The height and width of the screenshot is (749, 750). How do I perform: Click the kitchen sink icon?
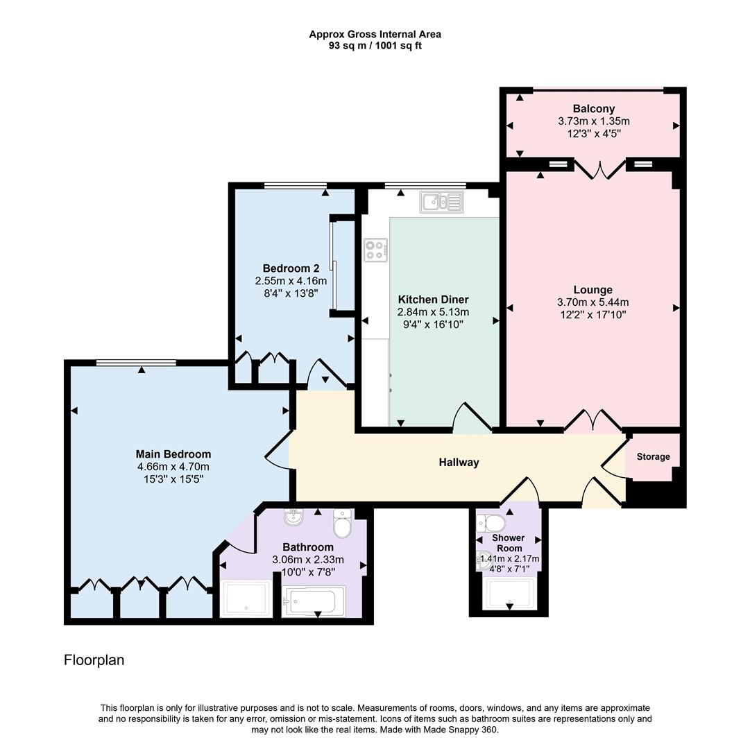tap(441, 203)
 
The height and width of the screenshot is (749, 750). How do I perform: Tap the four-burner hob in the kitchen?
tap(375, 250)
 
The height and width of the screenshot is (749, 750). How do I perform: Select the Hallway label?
tap(459, 463)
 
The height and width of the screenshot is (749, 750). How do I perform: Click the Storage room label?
tap(654, 456)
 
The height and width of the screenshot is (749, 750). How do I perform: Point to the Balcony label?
tap(593, 109)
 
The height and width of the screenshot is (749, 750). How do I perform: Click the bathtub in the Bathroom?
tap(315, 601)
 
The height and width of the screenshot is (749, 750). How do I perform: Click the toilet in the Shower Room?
tap(493, 523)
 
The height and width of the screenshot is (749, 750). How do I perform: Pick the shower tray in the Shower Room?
tap(510, 593)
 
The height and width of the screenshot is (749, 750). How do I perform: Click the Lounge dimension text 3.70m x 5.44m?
tap(593, 302)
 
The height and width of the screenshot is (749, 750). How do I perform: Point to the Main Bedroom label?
tap(173, 454)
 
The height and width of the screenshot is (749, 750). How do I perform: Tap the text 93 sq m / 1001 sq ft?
tap(375, 46)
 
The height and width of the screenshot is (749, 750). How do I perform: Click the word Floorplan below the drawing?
tap(94, 660)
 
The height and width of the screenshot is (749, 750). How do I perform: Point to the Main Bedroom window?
tap(136, 362)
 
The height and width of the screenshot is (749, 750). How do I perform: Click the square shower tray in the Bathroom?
tap(246, 599)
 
